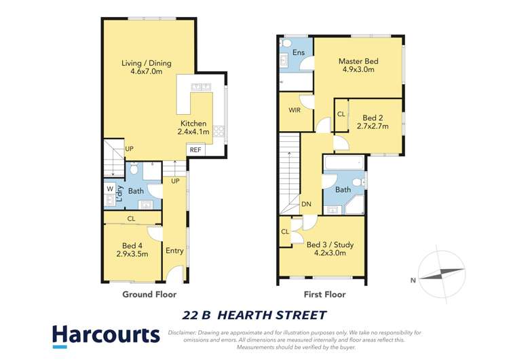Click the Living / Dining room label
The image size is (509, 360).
147,68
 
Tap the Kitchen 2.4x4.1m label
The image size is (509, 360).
193,128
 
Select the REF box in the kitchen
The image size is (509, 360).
195,149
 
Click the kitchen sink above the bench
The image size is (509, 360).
202,86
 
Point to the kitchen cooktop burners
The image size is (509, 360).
219,129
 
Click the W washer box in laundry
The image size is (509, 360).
109,188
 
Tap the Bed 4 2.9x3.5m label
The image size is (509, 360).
132,250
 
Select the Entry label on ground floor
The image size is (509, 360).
174,251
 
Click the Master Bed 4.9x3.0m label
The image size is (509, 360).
358,65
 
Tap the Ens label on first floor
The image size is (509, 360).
298,52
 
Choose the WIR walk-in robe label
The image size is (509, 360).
294,109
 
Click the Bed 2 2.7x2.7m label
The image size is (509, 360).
373,122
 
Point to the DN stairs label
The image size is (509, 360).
306,203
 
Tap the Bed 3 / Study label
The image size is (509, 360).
330,248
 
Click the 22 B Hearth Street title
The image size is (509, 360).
254,315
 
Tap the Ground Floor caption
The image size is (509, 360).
149,294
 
